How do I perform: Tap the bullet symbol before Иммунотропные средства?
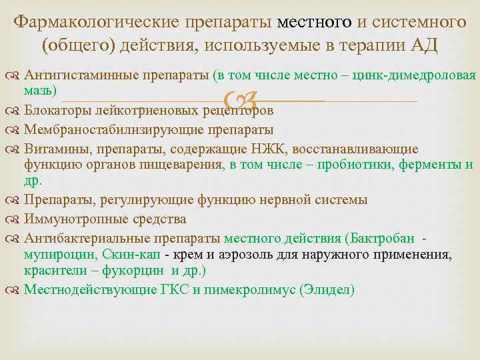[17, 219]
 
